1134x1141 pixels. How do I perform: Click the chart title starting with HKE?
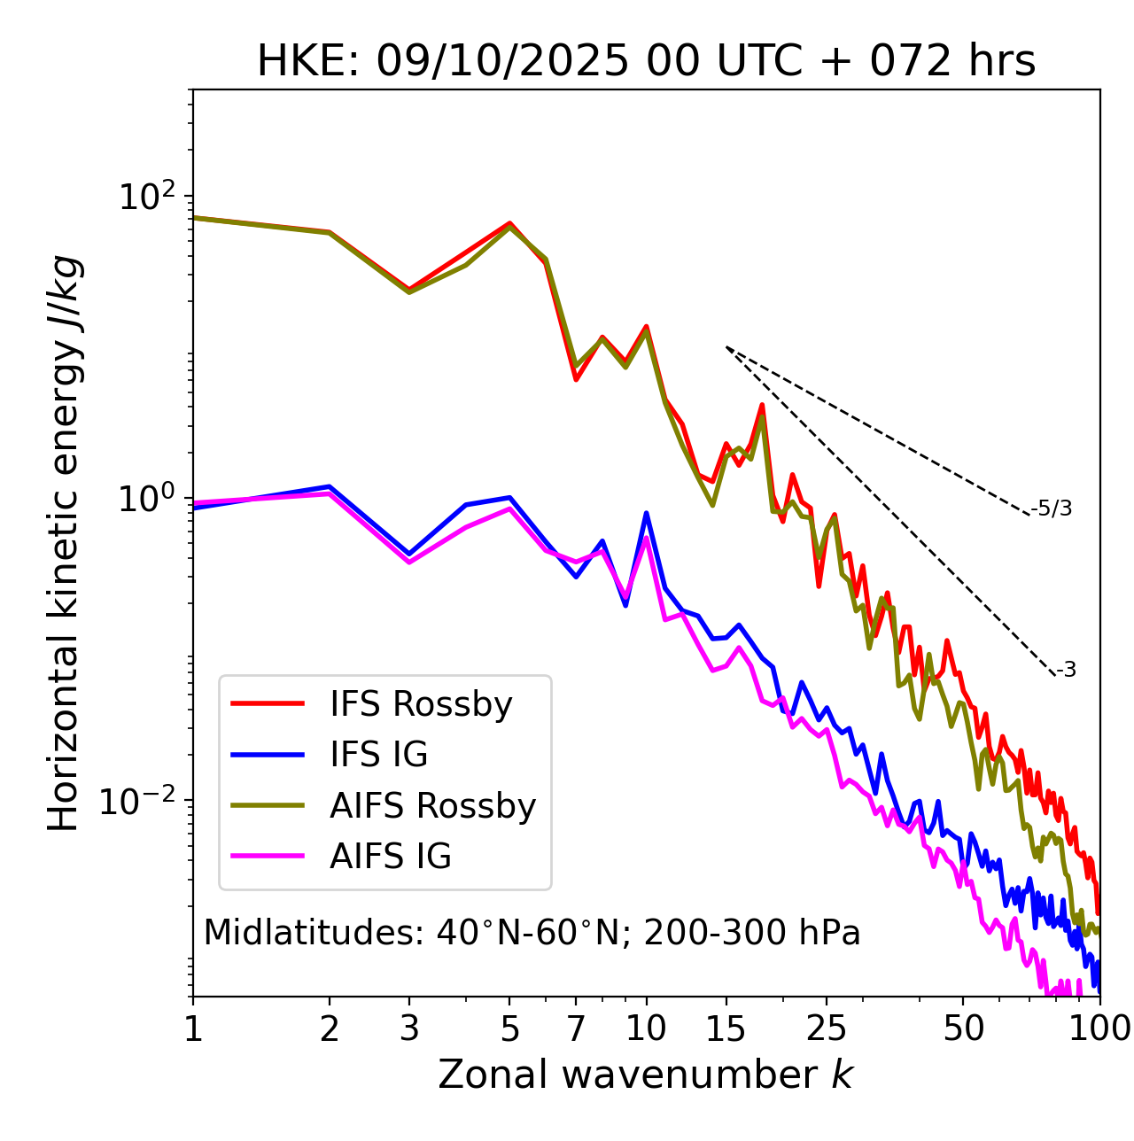point(646,62)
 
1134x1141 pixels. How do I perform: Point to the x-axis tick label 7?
point(576,1028)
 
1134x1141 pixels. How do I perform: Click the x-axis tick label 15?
point(726,1028)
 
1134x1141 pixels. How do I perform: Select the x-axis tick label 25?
point(827,1028)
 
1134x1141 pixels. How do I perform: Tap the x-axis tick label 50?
point(964,1028)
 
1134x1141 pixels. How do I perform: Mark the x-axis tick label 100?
point(1099,1028)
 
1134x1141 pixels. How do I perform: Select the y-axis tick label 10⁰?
point(146,499)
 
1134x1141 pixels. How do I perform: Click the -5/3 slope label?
point(1052,508)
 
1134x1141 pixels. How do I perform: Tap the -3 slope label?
point(1066,671)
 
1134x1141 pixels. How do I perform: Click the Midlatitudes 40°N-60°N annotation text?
point(532,933)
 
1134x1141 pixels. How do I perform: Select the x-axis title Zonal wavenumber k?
point(645,1075)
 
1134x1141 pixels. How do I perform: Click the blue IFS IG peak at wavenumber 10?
point(646,513)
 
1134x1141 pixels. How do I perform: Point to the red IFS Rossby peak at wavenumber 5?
point(509,223)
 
